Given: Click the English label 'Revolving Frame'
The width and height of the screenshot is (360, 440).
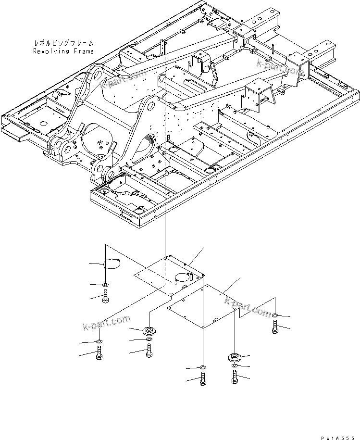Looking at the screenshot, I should (63, 50).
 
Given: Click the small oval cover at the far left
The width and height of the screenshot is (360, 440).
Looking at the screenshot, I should (112, 264).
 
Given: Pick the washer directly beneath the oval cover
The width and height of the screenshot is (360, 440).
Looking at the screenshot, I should (106, 286).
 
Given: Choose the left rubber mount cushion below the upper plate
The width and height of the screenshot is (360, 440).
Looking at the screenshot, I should (149, 330).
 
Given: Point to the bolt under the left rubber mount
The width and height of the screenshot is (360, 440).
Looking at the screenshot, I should (149, 352).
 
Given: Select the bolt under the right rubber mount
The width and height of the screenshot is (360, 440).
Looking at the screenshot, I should (234, 378).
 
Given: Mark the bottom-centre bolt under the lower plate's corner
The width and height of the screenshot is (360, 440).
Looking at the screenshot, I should (202, 381).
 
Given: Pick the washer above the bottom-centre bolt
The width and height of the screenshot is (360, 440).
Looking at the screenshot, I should (202, 367).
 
